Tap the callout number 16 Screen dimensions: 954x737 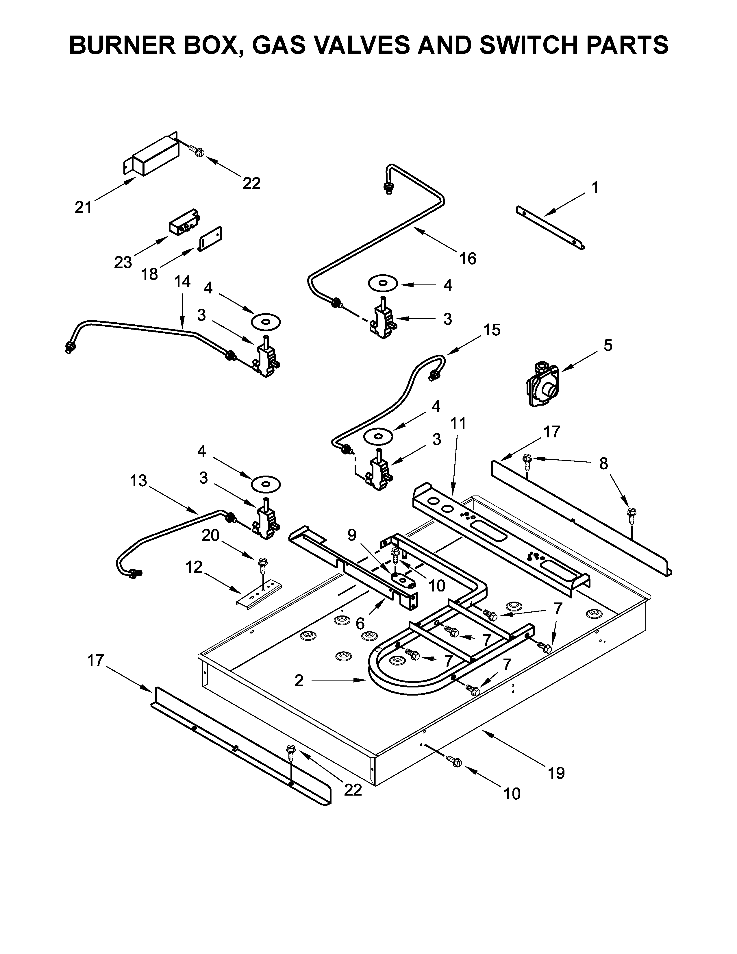coord(468,259)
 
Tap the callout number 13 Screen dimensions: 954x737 coord(139,481)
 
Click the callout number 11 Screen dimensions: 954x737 coord(458,423)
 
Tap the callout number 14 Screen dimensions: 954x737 coord(182,282)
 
